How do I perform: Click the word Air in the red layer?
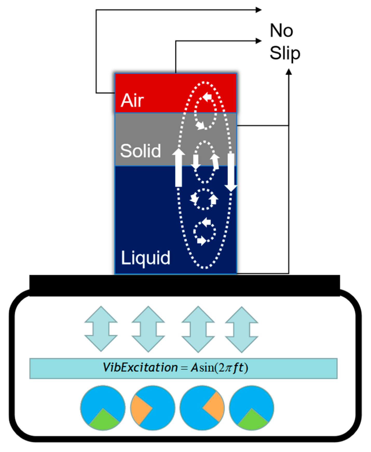[132, 100]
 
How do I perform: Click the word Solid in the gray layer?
[140, 151]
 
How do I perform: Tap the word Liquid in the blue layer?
[146, 258]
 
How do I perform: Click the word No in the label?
[281, 31]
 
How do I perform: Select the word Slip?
[285, 53]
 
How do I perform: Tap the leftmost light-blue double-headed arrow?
[101, 329]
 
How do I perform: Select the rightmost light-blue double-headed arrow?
[242, 329]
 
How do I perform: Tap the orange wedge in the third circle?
[214, 407]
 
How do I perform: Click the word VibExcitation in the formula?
[140, 368]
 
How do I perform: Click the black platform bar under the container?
[184, 285]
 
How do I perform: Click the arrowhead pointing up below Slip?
[288, 72]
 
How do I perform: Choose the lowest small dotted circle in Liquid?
[204, 231]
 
